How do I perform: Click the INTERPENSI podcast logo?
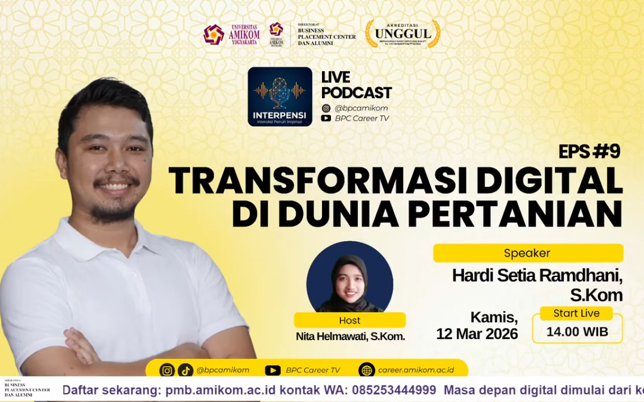coord(280,96)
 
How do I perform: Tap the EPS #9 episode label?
coord(589,152)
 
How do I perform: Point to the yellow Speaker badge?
coord(528,253)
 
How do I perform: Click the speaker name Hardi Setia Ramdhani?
coord(537,276)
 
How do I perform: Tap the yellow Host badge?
coord(349,320)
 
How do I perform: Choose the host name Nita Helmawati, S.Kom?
coord(350,336)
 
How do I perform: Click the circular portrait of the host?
coord(349,277)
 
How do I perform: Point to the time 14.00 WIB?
coord(577,332)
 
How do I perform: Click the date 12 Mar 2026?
coord(477,334)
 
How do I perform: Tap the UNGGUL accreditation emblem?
coord(402,34)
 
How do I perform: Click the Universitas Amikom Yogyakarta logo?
coord(231,35)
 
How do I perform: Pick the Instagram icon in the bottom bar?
coord(167,370)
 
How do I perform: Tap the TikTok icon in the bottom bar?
coord(185,370)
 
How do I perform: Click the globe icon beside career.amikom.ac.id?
coord(367,370)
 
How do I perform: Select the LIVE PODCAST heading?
coord(356,85)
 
